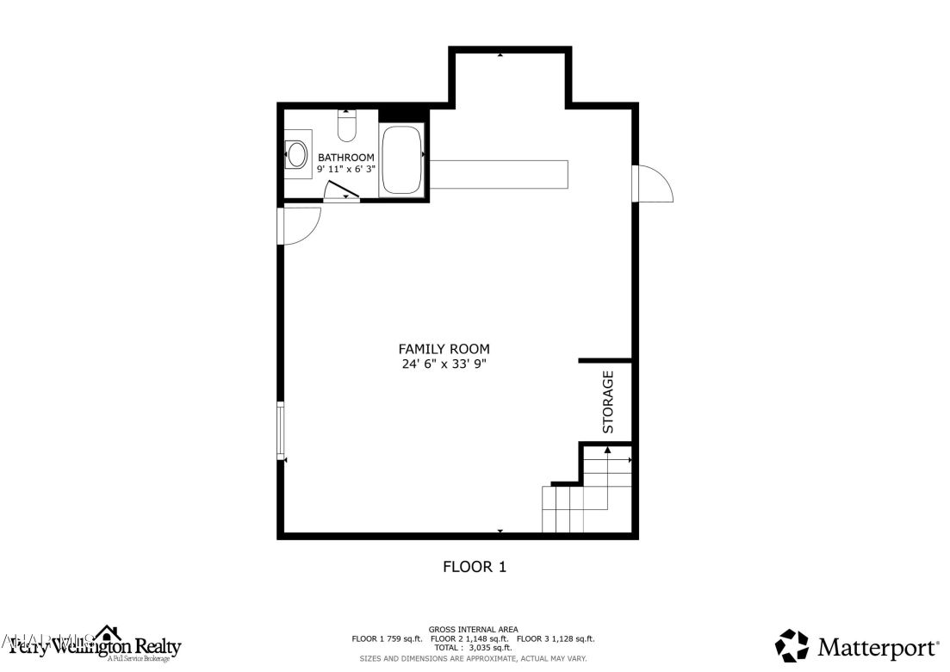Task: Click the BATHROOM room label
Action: pyautogui.click(x=346, y=158)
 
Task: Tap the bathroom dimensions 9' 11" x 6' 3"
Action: pyautogui.click(x=346, y=170)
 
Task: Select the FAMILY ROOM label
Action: pyautogui.click(x=444, y=349)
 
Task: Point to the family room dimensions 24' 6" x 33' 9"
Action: pyautogui.click(x=444, y=364)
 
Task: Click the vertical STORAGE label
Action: pyautogui.click(x=608, y=401)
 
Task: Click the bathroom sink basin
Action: pyautogui.click(x=297, y=155)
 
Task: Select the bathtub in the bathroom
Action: pyautogui.click(x=401, y=160)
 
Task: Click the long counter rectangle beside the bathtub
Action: pyautogui.click(x=499, y=173)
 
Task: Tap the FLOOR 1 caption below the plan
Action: pyautogui.click(x=474, y=567)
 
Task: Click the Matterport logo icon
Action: pyautogui.click(x=792, y=646)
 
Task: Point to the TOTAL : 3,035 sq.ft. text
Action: pyautogui.click(x=473, y=648)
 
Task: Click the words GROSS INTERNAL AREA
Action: pyautogui.click(x=473, y=630)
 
